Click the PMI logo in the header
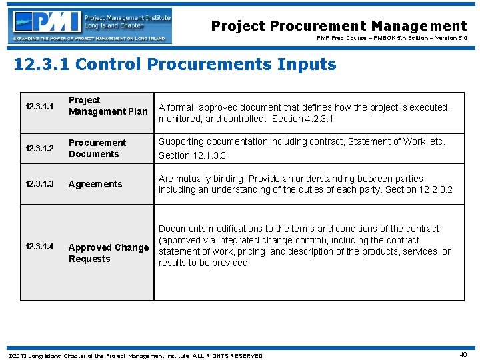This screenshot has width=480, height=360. point(90,26)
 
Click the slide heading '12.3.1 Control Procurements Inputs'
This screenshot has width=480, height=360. point(175,65)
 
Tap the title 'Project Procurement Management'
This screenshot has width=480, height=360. point(339,26)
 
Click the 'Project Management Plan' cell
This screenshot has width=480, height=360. point(107,106)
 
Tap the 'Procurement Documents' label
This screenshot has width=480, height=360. point(97,149)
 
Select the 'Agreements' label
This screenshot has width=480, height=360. point(95,184)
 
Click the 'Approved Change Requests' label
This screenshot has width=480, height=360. point(108,253)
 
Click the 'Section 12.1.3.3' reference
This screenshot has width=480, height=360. point(192,155)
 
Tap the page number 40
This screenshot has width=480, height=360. point(463,355)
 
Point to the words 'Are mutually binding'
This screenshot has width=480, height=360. point(199,179)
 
